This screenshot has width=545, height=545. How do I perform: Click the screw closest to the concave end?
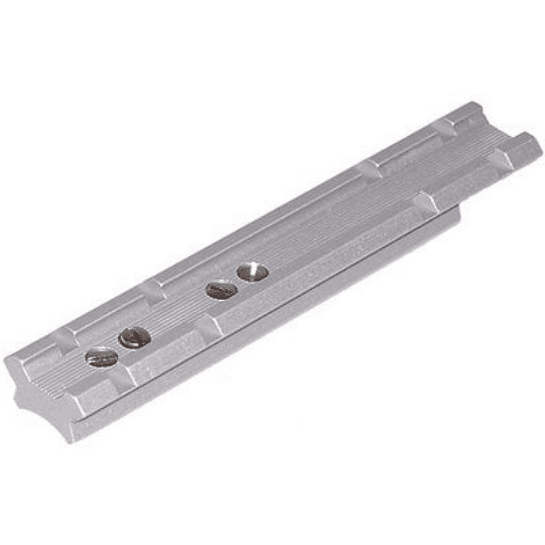point(102,357)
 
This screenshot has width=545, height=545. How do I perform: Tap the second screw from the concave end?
point(134,337)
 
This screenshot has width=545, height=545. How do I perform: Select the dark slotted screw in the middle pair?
point(221,290)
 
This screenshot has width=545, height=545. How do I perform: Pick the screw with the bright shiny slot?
point(253,272)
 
